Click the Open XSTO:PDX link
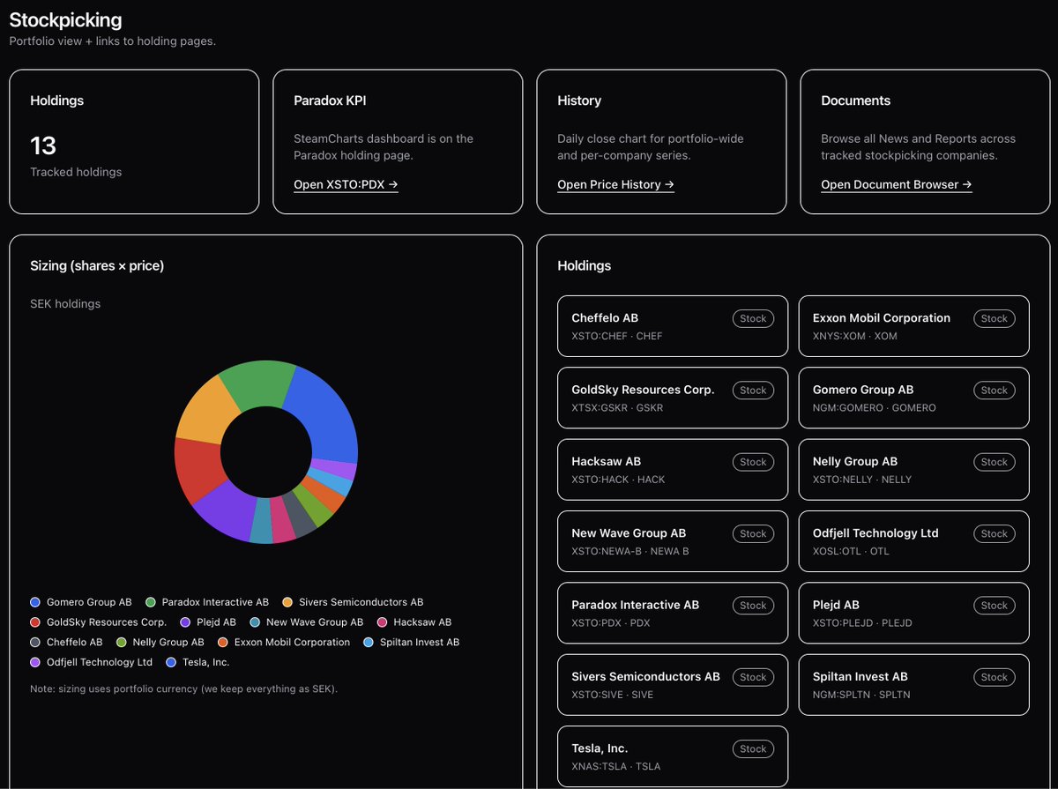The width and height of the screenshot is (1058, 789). (x=346, y=184)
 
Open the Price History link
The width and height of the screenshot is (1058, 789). (x=615, y=184)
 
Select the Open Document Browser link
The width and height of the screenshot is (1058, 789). (x=896, y=184)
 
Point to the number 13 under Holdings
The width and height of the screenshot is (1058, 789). (x=43, y=145)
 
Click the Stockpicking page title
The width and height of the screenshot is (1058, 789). (x=65, y=19)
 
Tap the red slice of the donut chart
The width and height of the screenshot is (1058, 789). (x=196, y=467)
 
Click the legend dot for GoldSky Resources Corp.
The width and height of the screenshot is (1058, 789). (x=35, y=622)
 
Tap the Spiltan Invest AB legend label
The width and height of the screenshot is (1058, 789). (x=419, y=643)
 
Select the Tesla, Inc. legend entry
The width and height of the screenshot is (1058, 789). (x=204, y=662)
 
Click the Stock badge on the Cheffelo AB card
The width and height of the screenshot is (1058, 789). (x=753, y=318)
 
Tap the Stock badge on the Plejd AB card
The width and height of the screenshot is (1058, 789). (x=994, y=606)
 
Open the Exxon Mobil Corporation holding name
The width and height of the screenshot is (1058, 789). (x=881, y=318)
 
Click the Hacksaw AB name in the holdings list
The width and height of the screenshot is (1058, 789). (x=606, y=462)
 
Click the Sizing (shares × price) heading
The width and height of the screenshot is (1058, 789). (x=97, y=265)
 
